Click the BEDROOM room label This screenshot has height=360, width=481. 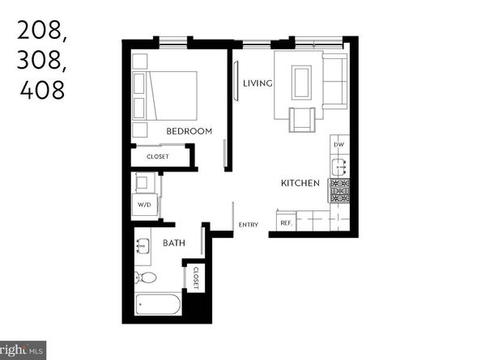point(189,131)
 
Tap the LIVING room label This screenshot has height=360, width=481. point(258,83)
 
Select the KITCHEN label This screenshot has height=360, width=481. point(300,184)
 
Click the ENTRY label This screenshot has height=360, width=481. point(248,225)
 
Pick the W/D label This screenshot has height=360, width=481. point(144,205)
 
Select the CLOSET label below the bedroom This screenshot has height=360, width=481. point(158,156)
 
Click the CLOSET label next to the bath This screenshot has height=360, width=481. point(195,277)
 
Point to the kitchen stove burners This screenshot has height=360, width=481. point(339,190)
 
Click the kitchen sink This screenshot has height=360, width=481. point(339,167)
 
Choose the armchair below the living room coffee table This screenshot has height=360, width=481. point(301,120)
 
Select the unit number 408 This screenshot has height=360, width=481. point(40,88)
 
